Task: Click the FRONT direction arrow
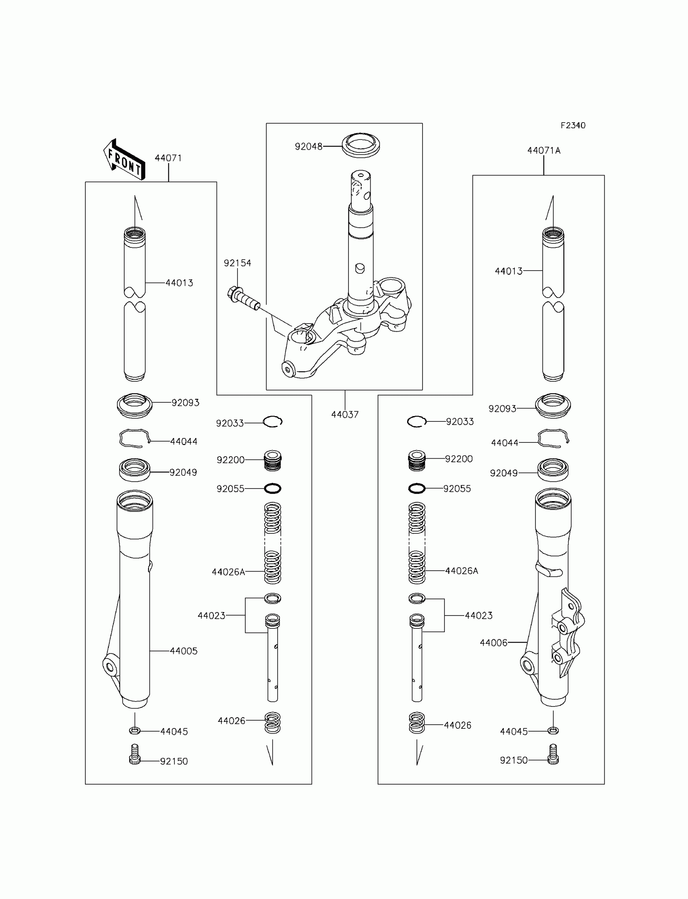coord(124,160)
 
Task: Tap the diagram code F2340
coord(573,126)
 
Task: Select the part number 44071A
coord(544,150)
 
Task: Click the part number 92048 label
coord(308,146)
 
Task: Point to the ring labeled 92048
coord(361,145)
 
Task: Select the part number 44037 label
coord(345,415)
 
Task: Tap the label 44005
coord(183,651)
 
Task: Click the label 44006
coord(493,643)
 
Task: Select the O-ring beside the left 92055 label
coord(272,489)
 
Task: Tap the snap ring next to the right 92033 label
coord(417,421)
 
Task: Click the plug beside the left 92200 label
coord(273,460)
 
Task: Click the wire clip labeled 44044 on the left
coord(134,439)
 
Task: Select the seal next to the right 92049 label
coord(553,470)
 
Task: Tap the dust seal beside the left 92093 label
coord(135,405)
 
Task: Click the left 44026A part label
coord(228,572)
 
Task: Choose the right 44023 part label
coord(478,616)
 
